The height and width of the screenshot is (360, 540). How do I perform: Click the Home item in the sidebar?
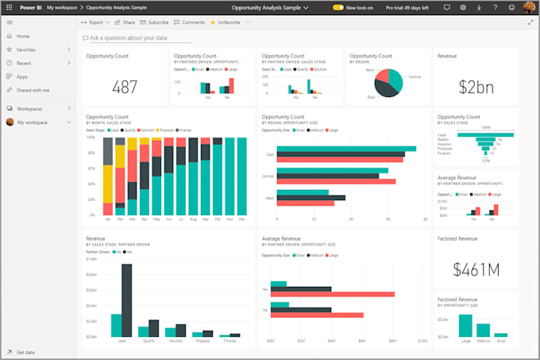point(23,37)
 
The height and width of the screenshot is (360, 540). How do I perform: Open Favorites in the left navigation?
point(25,49)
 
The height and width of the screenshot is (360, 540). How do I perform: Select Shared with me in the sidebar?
point(33,90)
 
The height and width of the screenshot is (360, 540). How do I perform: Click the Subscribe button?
point(155,22)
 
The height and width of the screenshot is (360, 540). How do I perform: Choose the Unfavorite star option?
point(226,22)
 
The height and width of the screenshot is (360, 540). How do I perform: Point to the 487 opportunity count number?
point(125,87)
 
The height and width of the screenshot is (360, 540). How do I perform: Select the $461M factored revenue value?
point(475,269)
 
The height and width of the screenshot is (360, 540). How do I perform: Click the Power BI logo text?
point(31,6)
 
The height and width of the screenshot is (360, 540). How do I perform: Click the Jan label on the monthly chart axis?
point(108,219)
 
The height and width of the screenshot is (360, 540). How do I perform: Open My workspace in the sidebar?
point(32,122)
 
